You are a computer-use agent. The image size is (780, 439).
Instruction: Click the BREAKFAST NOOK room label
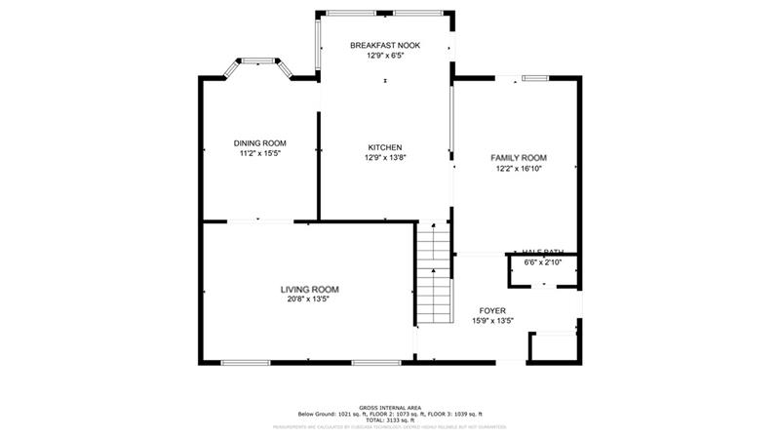pyautogui.click(x=384, y=45)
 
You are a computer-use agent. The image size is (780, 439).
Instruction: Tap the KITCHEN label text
pyautogui.click(x=384, y=147)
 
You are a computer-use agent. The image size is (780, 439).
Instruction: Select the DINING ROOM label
pyautogui.click(x=259, y=142)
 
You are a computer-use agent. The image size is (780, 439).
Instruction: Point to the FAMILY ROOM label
pyautogui.click(x=518, y=157)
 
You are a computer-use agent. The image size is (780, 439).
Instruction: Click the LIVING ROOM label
pyautogui.click(x=309, y=289)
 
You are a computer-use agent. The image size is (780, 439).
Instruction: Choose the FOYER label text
pyautogui.click(x=492, y=310)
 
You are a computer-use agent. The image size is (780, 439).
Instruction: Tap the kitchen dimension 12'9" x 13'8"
pyautogui.click(x=384, y=158)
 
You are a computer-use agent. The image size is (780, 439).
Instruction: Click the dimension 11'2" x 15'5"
pyautogui.click(x=259, y=153)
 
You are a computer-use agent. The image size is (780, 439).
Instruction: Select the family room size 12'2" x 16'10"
pyautogui.click(x=518, y=168)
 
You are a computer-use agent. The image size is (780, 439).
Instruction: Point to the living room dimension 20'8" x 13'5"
pyautogui.click(x=309, y=299)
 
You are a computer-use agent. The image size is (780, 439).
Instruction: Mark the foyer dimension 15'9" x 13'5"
pyautogui.click(x=492, y=320)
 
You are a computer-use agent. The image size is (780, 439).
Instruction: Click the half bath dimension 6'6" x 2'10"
pyautogui.click(x=543, y=262)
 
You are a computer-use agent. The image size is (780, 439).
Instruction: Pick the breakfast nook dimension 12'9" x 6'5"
pyautogui.click(x=384, y=56)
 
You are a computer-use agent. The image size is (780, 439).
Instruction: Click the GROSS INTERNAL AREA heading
pyautogui.click(x=389, y=408)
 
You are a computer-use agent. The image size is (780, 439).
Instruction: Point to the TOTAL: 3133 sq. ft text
pyautogui.click(x=389, y=419)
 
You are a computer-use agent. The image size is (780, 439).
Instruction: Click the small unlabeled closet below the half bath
pyautogui.click(x=552, y=346)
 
